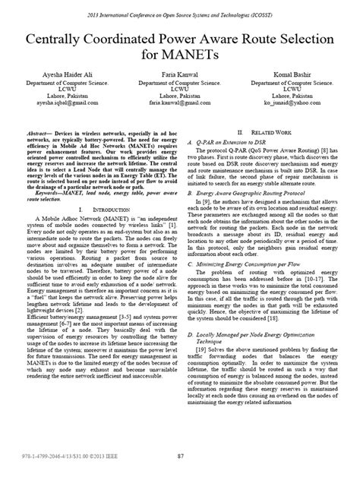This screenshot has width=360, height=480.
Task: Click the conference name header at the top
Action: (180, 15)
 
